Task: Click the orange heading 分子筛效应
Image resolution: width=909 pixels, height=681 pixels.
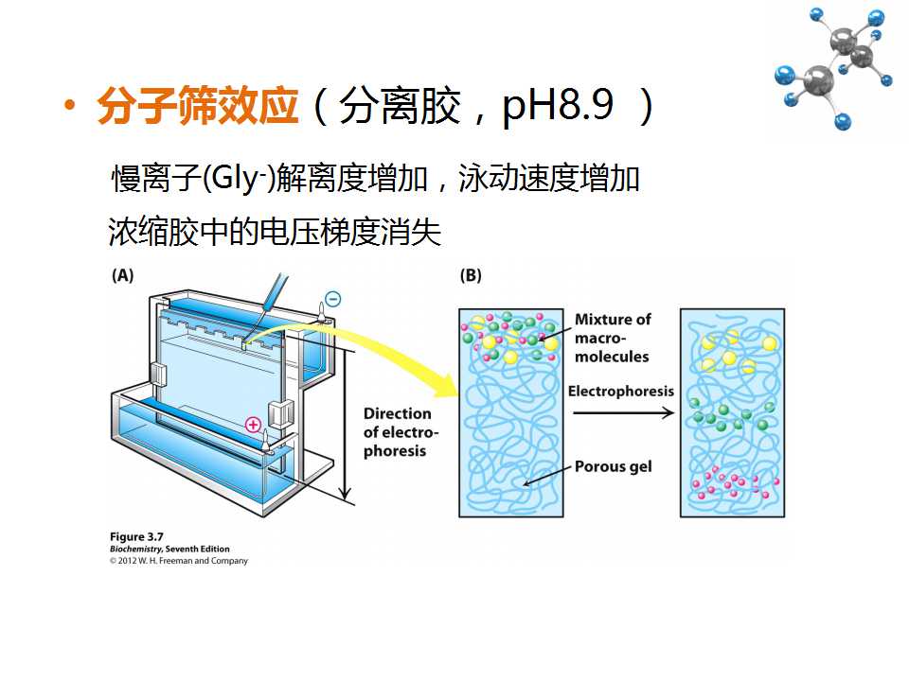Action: click(198, 105)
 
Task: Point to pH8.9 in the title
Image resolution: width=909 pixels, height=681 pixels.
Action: click(557, 106)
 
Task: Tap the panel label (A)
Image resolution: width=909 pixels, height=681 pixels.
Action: click(122, 275)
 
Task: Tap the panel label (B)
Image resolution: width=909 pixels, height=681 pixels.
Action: click(471, 275)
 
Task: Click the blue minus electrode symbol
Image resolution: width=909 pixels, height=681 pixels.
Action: click(332, 299)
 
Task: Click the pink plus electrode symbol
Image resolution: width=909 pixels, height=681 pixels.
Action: click(254, 425)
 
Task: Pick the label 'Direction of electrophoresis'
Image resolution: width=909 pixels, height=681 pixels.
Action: click(401, 432)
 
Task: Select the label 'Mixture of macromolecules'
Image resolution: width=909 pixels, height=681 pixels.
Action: click(613, 338)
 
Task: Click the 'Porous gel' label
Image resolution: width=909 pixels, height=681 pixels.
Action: click(613, 466)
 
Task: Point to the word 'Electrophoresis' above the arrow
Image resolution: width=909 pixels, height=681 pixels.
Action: click(621, 391)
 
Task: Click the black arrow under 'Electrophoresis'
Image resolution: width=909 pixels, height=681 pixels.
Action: click(623, 412)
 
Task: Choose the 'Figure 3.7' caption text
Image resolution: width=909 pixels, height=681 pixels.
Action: click(136, 536)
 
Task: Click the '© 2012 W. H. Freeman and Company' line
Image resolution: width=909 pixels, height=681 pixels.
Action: click(179, 561)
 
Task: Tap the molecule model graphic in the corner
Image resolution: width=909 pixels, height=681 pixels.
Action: click(833, 68)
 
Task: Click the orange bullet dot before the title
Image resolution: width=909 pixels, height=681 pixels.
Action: click(70, 106)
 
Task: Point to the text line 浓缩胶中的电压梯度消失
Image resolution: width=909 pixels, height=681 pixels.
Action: click(275, 233)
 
